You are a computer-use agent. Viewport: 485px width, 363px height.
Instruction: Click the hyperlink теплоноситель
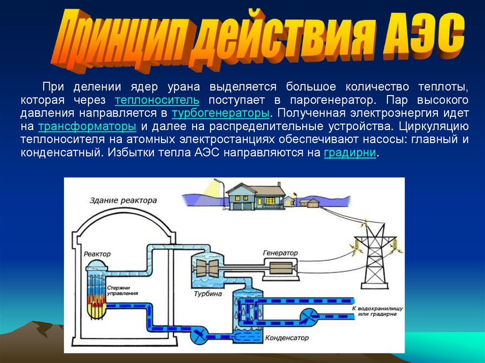(x=157, y=101)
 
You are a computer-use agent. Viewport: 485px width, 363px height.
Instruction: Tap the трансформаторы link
(x=87, y=127)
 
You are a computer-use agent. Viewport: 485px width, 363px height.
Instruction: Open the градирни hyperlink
(x=350, y=154)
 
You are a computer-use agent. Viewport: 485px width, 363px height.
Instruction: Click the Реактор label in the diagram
(x=97, y=254)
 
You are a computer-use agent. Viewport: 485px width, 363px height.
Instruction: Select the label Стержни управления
(x=122, y=290)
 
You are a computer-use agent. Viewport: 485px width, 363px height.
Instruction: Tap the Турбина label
(x=207, y=294)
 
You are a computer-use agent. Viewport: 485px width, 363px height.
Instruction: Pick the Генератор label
(x=280, y=253)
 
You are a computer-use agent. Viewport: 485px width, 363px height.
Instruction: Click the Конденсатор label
(x=287, y=338)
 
